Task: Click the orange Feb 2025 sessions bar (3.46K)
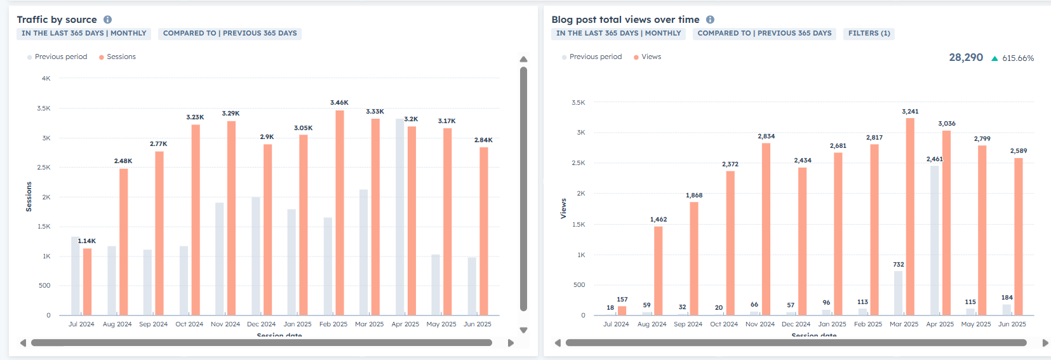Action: [340, 213]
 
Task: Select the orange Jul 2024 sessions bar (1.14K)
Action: [87, 281]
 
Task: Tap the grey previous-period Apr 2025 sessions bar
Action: [399, 217]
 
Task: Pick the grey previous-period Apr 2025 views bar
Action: [935, 240]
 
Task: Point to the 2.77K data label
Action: [158, 144]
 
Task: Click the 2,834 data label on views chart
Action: [766, 137]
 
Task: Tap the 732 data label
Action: [898, 265]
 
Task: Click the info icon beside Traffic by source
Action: [108, 20]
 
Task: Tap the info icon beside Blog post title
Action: [710, 20]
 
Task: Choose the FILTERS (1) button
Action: [869, 33]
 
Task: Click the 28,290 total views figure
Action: [966, 58]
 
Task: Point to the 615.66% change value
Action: [1017, 58]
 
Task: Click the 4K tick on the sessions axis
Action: [46, 79]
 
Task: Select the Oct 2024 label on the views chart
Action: [724, 324]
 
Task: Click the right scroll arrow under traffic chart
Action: [511, 343]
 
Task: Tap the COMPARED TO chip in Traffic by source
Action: [230, 33]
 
